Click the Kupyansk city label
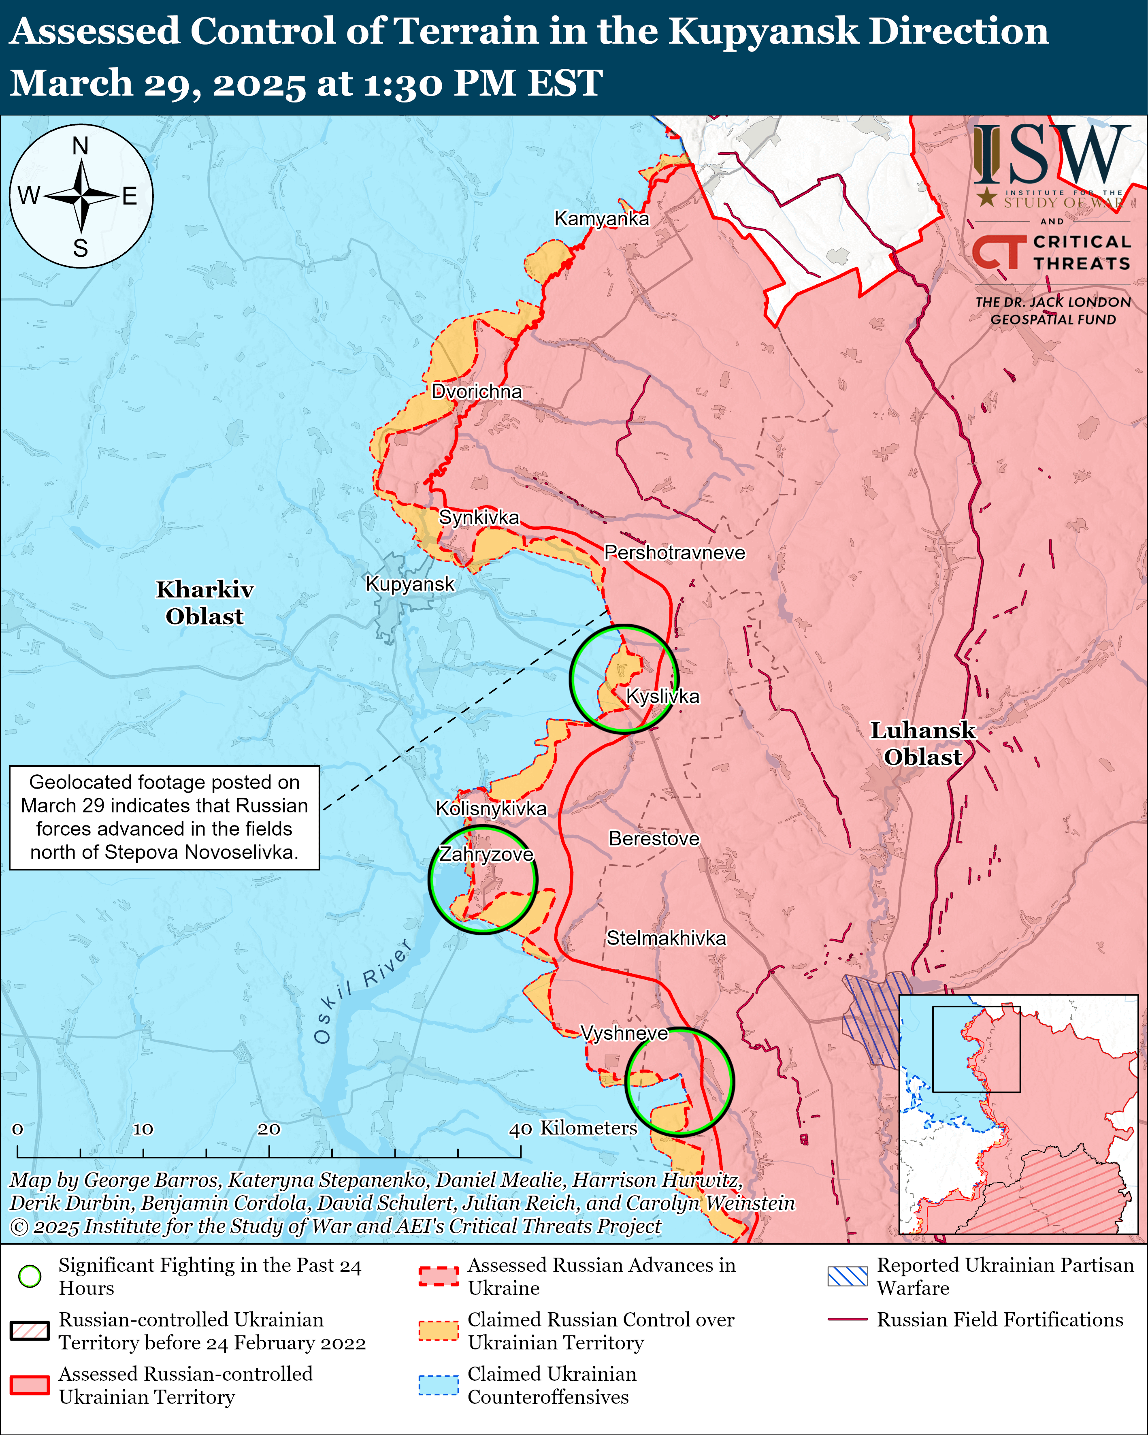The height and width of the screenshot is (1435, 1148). click(x=410, y=584)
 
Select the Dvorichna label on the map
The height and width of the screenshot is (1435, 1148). click(x=477, y=391)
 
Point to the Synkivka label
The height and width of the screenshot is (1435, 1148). click(x=479, y=517)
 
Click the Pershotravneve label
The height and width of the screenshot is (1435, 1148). click(x=674, y=552)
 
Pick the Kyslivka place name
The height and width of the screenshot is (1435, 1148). click(x=663, y=696)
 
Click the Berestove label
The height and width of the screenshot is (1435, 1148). click(x=654, y=839)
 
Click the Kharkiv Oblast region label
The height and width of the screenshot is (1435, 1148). click(x=204, y=602)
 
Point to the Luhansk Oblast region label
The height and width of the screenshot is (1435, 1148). click(x=922, y=744)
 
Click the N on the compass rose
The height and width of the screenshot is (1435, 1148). click(x=81, y=146)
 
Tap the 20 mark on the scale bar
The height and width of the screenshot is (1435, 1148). click(x=269, y=1129)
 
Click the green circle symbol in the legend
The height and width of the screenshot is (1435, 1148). click(x=30, y=1276)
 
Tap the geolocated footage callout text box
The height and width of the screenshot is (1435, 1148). click(x=164, y=817)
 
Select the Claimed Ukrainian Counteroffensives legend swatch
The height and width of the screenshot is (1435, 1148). click(x=439, y=1385)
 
